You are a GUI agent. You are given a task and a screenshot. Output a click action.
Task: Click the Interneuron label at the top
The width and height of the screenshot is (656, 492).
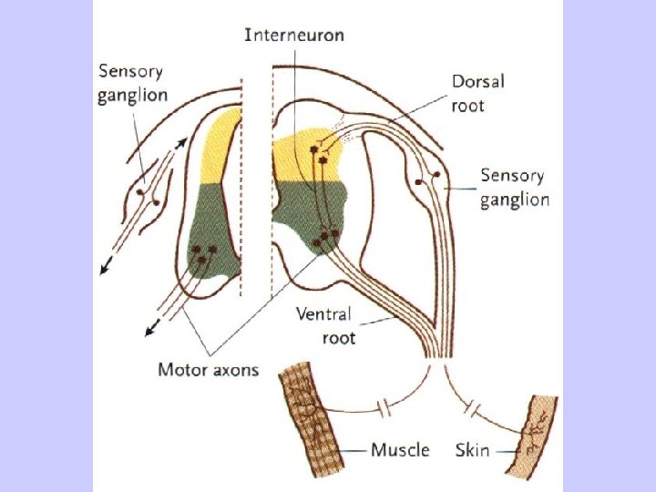[293, 35]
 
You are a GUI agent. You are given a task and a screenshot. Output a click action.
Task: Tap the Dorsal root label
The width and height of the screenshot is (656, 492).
[477, 92]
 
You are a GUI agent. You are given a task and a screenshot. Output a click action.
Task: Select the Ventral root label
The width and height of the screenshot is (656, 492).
[324, 325]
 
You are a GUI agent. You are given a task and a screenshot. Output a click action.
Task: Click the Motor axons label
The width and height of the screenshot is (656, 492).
[209, 370]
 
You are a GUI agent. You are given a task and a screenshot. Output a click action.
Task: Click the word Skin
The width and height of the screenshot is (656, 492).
[473, 450]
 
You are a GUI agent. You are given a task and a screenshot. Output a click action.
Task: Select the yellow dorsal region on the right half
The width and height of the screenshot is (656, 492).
[307, 150]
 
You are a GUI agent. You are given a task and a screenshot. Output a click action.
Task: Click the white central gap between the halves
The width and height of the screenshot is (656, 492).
[258, 182]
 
